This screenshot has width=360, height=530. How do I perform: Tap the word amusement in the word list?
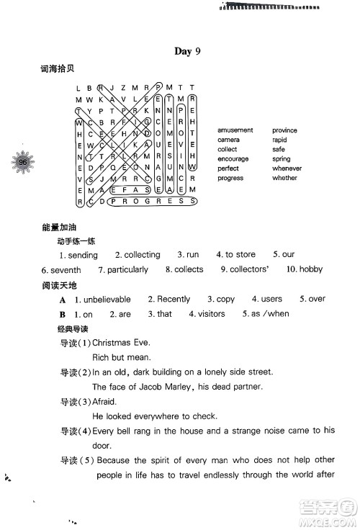(235, 130)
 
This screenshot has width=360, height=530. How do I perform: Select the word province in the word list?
(284, 130)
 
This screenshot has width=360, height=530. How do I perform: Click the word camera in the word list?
(228, 140)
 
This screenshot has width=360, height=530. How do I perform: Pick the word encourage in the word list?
(233, 158)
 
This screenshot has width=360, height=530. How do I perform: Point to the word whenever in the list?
(287, 168)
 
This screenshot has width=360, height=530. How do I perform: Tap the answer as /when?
(271, 314)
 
